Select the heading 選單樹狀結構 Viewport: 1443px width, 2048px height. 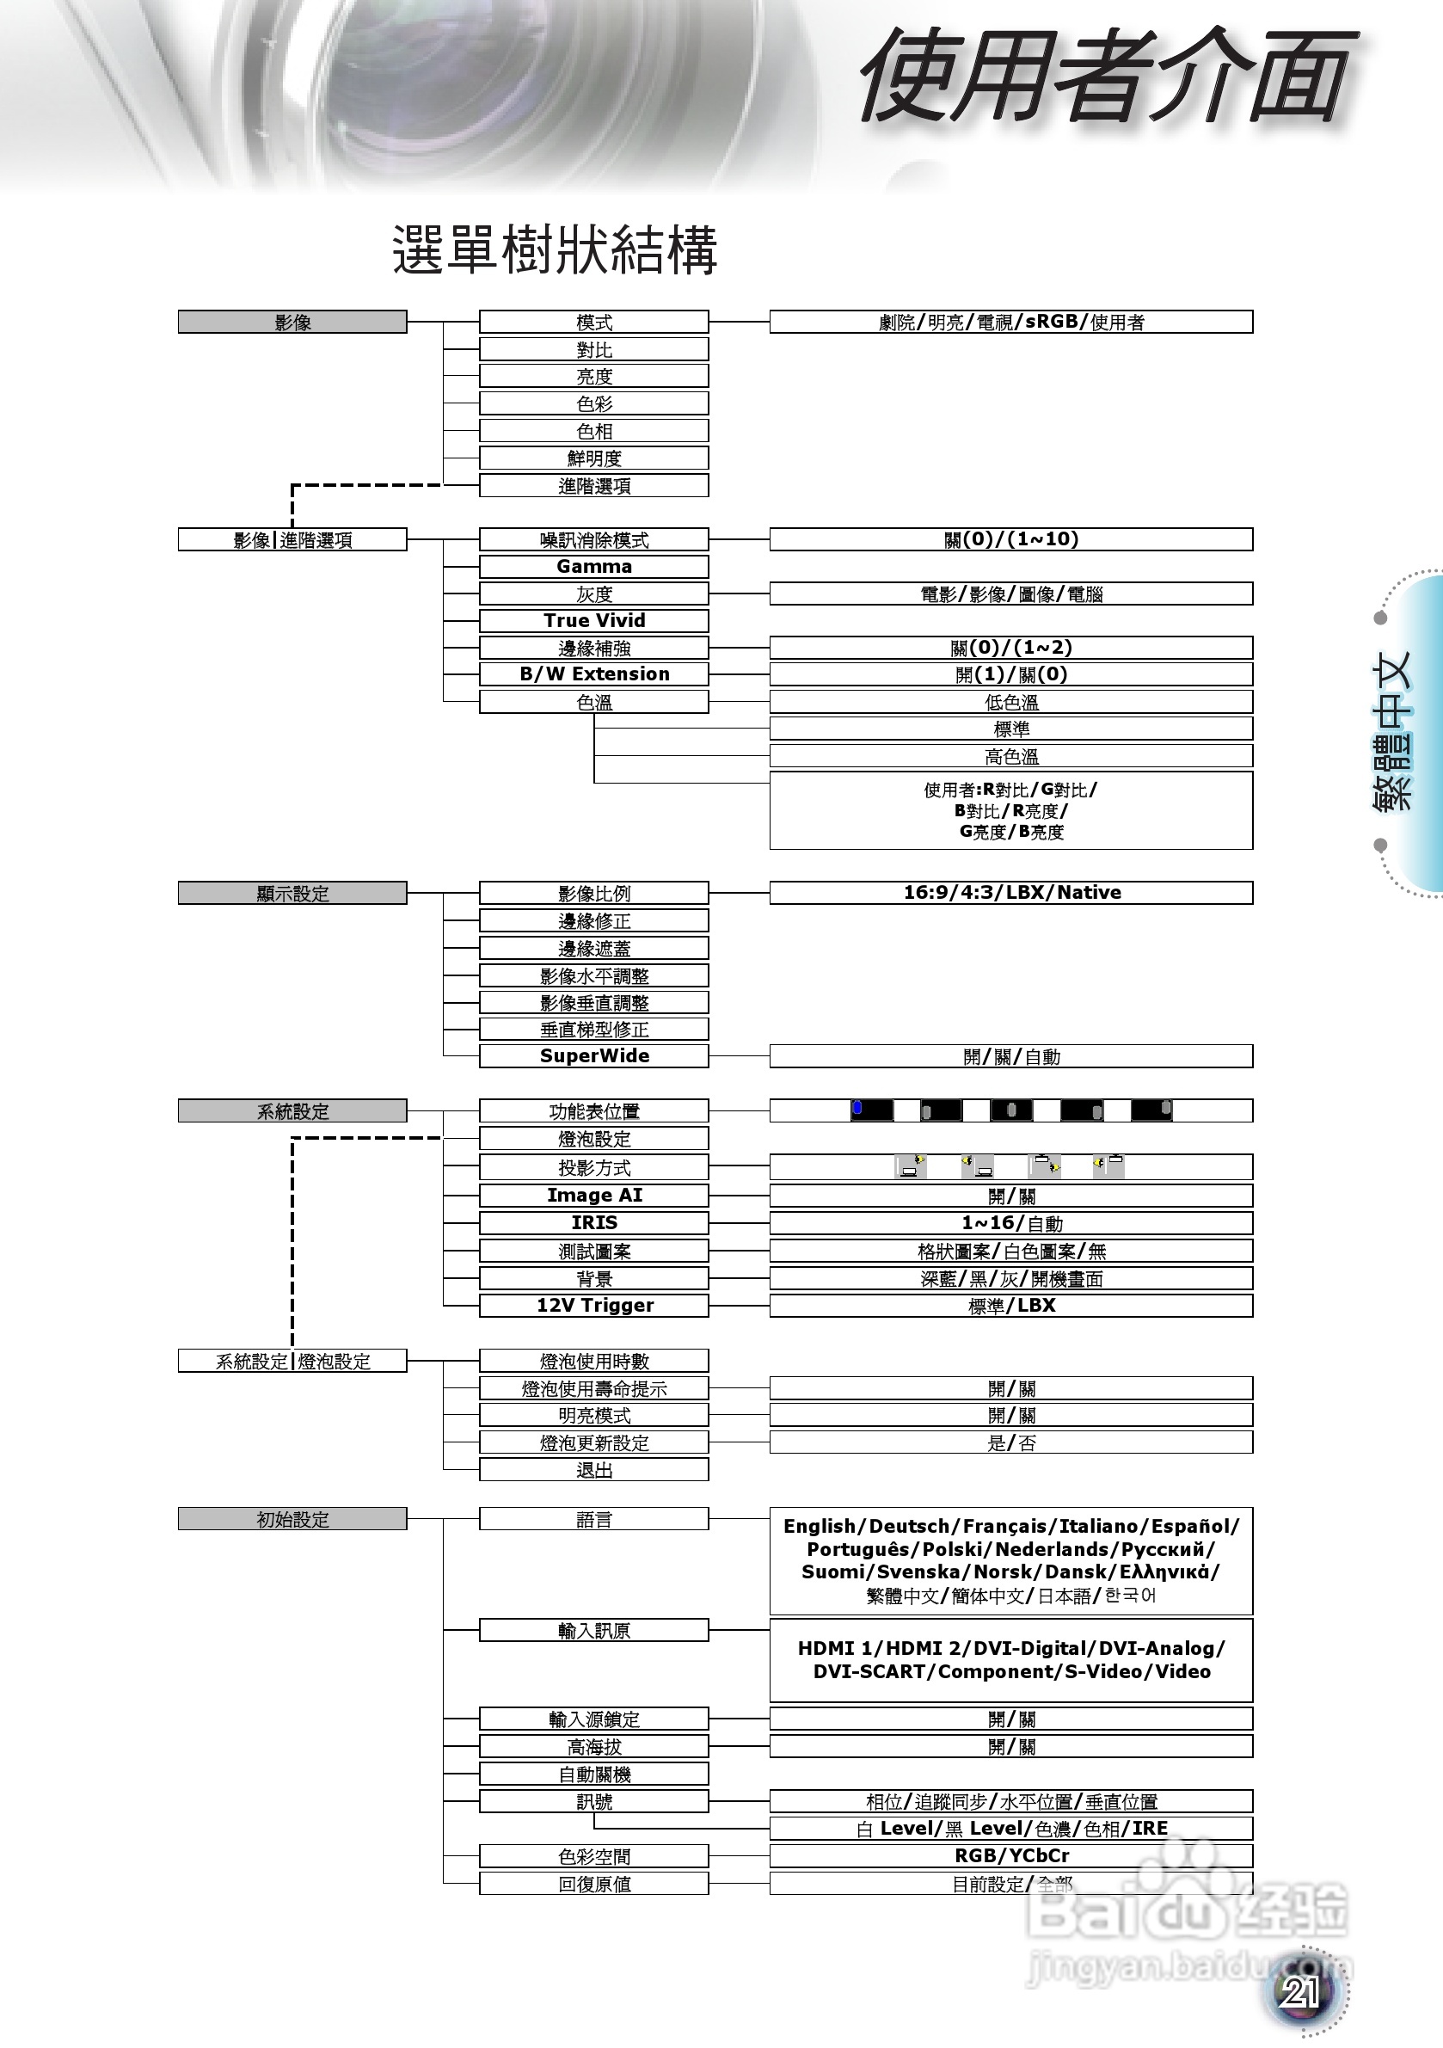click(555, 249)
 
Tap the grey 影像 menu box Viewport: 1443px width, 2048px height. click(292, 322)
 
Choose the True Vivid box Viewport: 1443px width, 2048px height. click(594, 621)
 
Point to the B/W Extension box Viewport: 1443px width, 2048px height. click(594, 674)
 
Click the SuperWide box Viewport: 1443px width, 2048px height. click(594, 1056)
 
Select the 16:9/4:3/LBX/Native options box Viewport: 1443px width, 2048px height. click(1011, 893)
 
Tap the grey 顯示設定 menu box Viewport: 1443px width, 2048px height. click(292, 893)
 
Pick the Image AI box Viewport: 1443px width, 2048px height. click(594, 1196)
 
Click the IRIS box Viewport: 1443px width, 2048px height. click(594, 1223)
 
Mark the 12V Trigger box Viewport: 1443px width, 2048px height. click(594, 1305)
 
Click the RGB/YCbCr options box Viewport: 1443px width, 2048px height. click(1011, 1855)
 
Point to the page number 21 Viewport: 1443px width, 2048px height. click(1300, 1992)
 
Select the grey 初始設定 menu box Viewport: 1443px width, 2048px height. click(292, 1519)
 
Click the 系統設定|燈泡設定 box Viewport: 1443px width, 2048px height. click(292, 1361)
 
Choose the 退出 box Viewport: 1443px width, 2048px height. click(594, 1470)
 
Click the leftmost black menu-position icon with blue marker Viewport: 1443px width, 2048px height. click(871, 1110)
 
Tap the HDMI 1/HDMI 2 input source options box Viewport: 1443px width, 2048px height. click(1011, 1660)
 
